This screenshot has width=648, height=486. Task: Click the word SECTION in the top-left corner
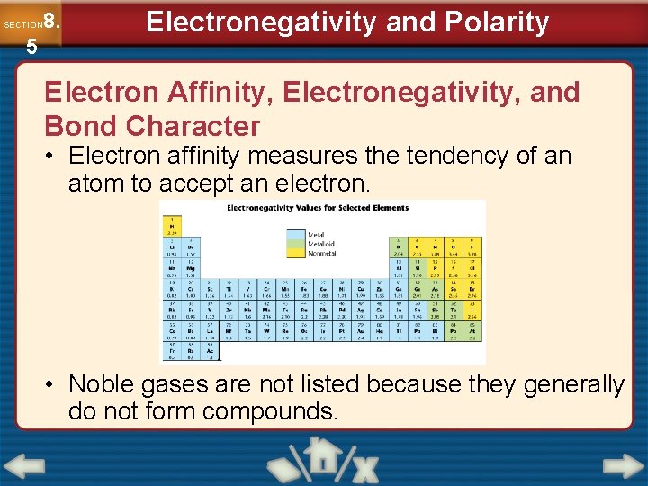(x=22, y=24)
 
